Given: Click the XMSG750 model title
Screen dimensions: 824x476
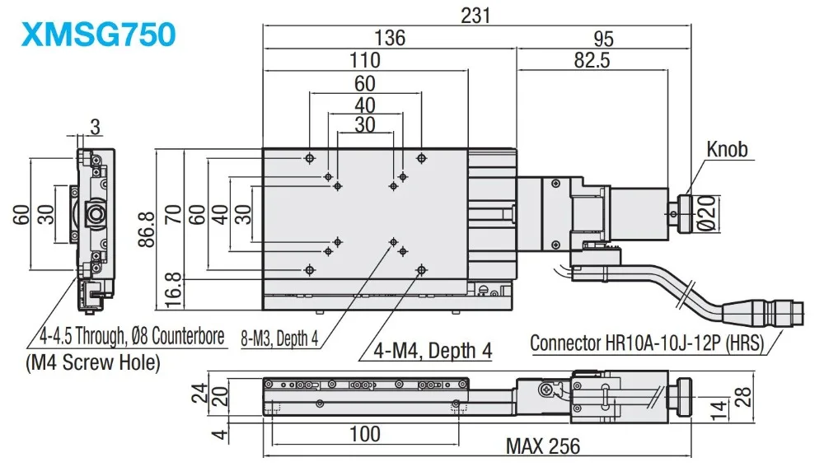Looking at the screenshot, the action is [98, 35].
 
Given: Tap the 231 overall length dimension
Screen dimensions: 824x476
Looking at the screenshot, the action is [475, 16].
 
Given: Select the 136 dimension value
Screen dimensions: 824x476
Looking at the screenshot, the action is [390, 38].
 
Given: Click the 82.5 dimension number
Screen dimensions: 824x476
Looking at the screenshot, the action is [592, 60].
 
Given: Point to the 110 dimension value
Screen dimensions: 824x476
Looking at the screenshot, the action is [365, 60].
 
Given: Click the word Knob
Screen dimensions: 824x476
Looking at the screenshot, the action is [727, 149].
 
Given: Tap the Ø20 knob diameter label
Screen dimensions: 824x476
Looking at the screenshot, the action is [708, 213].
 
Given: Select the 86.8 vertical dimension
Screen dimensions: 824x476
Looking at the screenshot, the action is [147, 229].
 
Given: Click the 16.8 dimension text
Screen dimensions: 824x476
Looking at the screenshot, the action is [173, 290].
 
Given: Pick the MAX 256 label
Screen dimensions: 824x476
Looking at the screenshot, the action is [543, 446].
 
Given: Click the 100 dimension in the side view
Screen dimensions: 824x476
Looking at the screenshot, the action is [365, 434].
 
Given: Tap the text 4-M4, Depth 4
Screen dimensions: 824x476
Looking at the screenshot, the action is [433, 350].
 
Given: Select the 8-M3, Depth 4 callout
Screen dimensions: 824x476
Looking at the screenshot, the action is [279, 338].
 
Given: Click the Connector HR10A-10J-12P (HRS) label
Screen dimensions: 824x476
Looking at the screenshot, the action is [646, 343].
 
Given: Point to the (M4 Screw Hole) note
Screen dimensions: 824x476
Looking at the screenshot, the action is [93, 362].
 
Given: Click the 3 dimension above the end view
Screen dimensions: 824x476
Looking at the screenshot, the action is [95, 127].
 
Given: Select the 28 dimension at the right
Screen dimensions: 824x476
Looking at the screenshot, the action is [742, 397].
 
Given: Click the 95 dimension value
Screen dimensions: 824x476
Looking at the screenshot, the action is [603, 39].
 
